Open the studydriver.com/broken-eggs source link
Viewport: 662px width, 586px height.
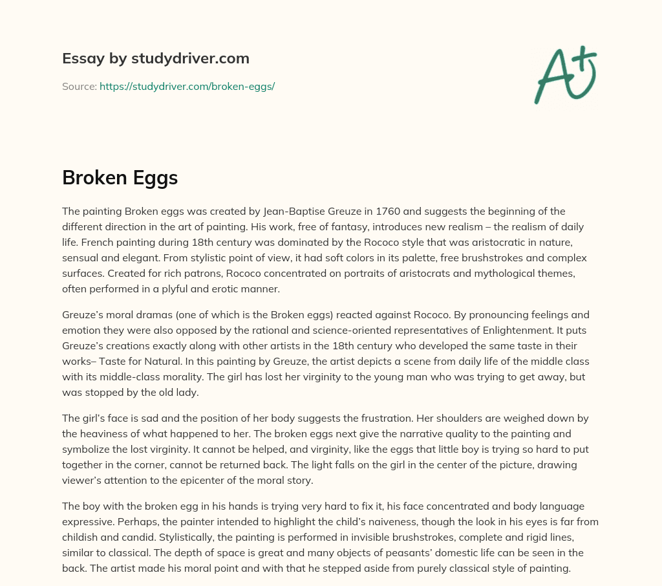tap(187, 86)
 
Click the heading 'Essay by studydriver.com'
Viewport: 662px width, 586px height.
tap(155, 58)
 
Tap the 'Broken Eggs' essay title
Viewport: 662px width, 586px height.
tap(120, 177)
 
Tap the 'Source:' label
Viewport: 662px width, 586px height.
tap(80, 86)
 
